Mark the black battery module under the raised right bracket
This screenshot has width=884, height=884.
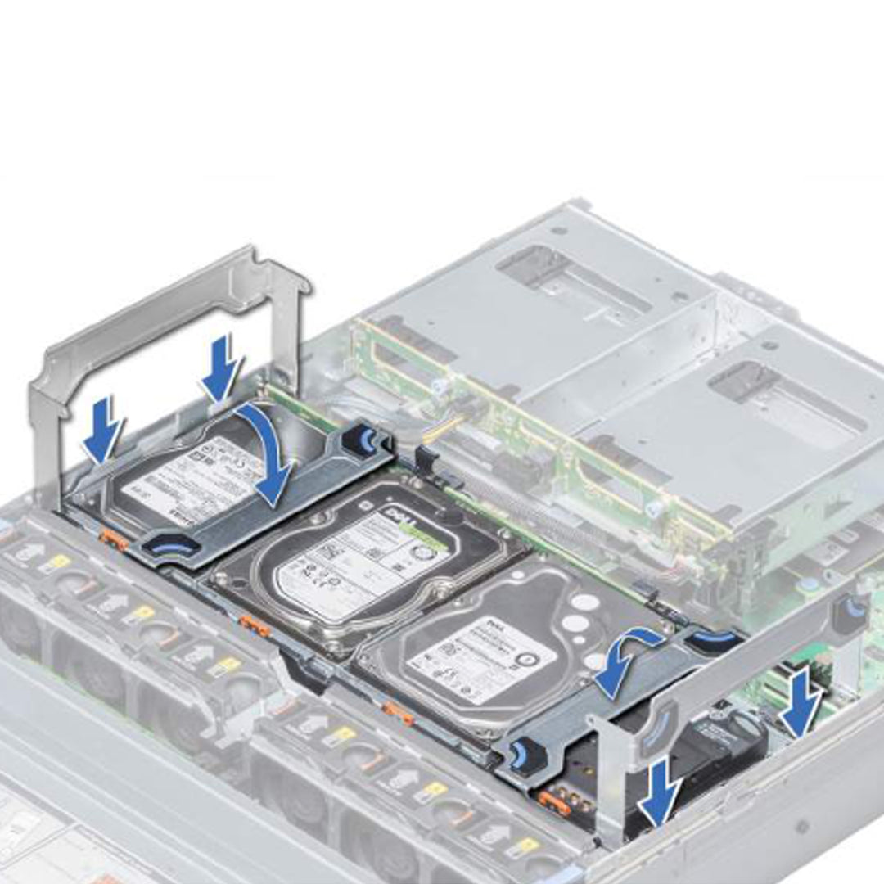pyautogui.click(x=720, y=733)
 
